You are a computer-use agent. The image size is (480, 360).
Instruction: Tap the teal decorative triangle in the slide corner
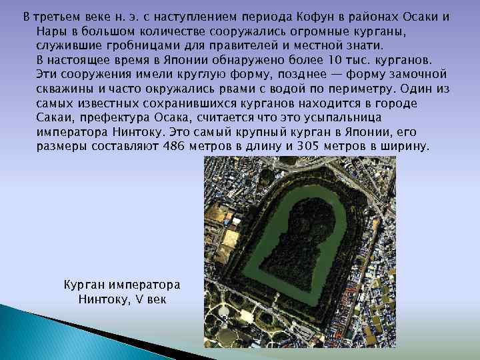pos(40,333)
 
